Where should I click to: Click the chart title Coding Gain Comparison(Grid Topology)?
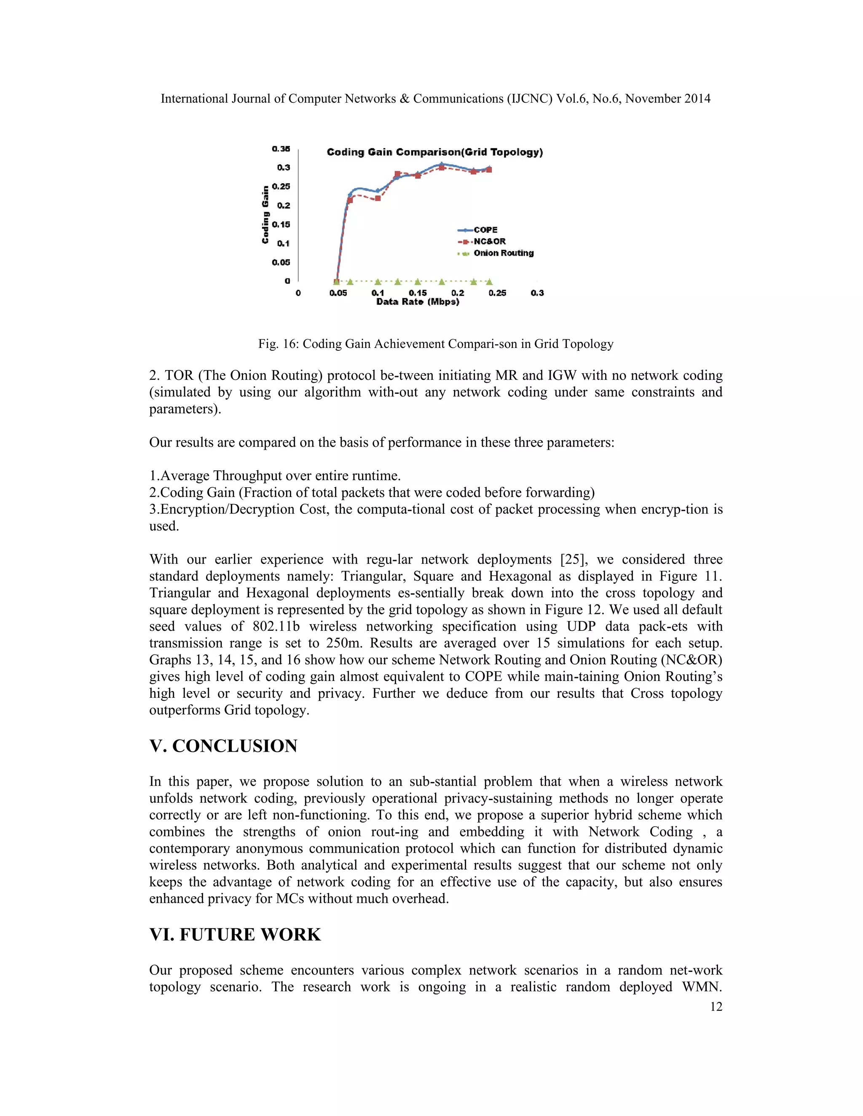(x=434, y=152)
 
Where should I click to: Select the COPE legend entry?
(x=485, y=230)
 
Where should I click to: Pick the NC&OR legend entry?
(x=489, y=241)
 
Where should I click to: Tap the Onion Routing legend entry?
(x=503, y=253)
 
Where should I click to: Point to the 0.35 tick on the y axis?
(x=281, y=149)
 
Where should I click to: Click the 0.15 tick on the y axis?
(x=281, y=224)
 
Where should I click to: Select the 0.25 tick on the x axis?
(x=497, y=293)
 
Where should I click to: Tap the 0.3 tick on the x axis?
(x=537, y=293)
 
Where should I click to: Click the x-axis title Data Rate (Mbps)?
(x=418, y=302)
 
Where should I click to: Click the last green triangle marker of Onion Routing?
(x=489, y=282)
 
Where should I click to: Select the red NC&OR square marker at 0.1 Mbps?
(x=378, y=198)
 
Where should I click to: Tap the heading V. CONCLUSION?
(x=223, y=746)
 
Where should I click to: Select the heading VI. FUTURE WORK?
(x=235, y=934)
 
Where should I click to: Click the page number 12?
(x=716, y=1007)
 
